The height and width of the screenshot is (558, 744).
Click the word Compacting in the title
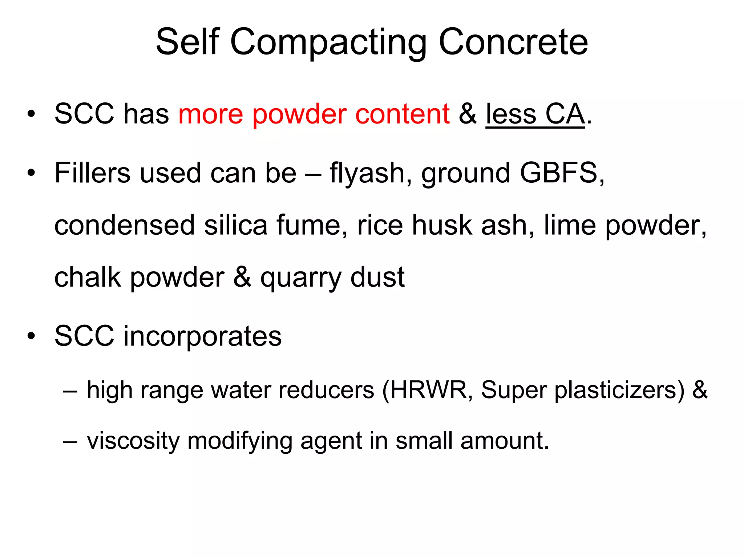(x=328, y=43)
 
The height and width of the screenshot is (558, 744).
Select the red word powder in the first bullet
(x=299, y=114)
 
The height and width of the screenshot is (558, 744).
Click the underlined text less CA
(x=535, y=114)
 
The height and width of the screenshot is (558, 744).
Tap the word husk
(x=442, y=225)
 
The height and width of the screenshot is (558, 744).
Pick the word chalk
(x=87, y=278)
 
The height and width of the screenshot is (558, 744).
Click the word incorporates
(x=202, y=336)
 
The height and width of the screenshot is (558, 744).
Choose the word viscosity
(x=133, y=441)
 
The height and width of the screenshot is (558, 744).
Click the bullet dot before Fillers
(x=32, y=173)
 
